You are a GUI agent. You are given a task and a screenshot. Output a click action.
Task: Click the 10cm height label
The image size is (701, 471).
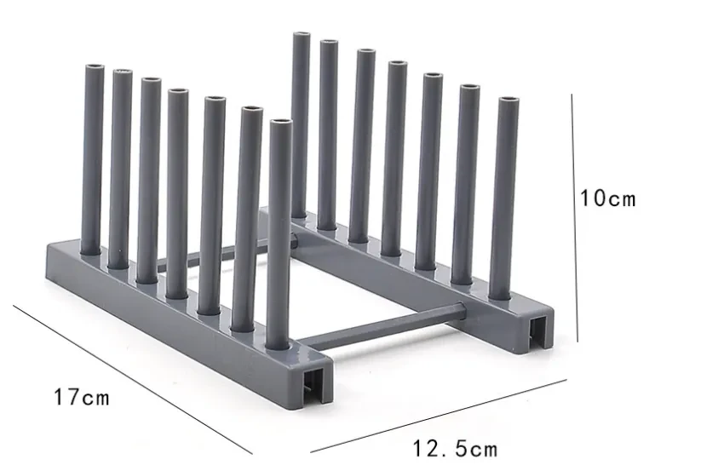[x=607, y=199]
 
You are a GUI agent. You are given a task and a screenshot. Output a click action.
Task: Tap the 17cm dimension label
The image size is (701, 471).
[x=82, y=397]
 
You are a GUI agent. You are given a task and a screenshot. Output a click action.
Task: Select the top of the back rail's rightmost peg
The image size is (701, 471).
[x=508, y=101]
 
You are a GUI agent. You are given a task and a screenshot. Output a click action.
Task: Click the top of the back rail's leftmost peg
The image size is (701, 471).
[x=301, y=36]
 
